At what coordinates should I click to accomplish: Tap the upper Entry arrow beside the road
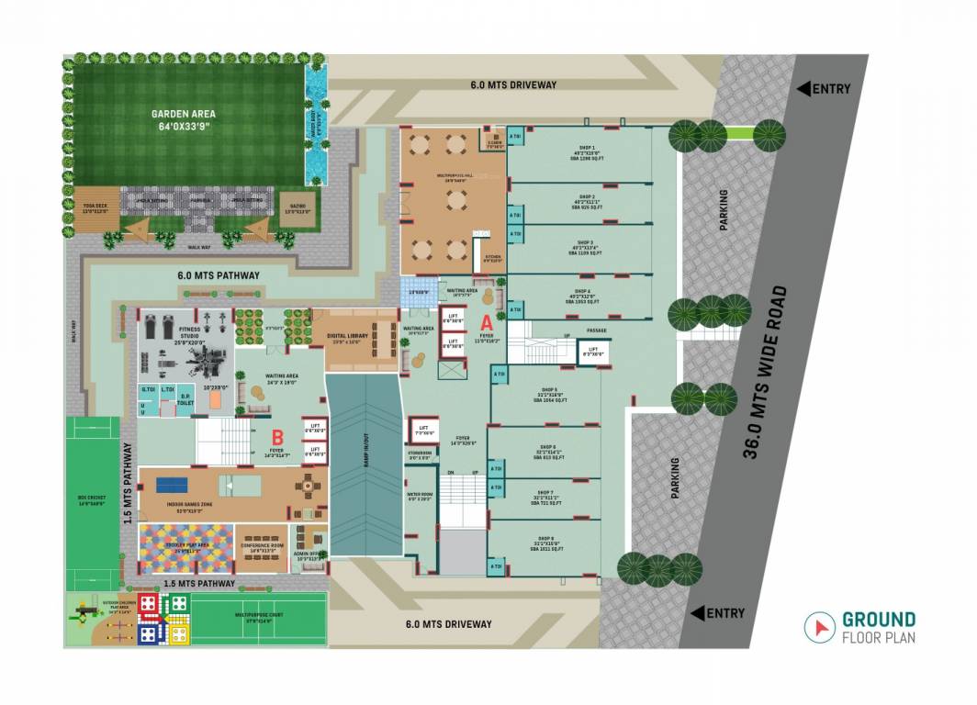803,89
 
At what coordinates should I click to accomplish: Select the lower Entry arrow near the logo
697,613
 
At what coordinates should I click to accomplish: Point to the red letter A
488,322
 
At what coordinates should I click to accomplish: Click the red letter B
276,436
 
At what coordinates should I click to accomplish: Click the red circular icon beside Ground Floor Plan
816,627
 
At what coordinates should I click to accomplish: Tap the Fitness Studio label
190,332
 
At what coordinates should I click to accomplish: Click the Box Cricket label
91,500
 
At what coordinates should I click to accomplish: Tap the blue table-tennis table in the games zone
171,484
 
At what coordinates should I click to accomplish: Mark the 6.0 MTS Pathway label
218,275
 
